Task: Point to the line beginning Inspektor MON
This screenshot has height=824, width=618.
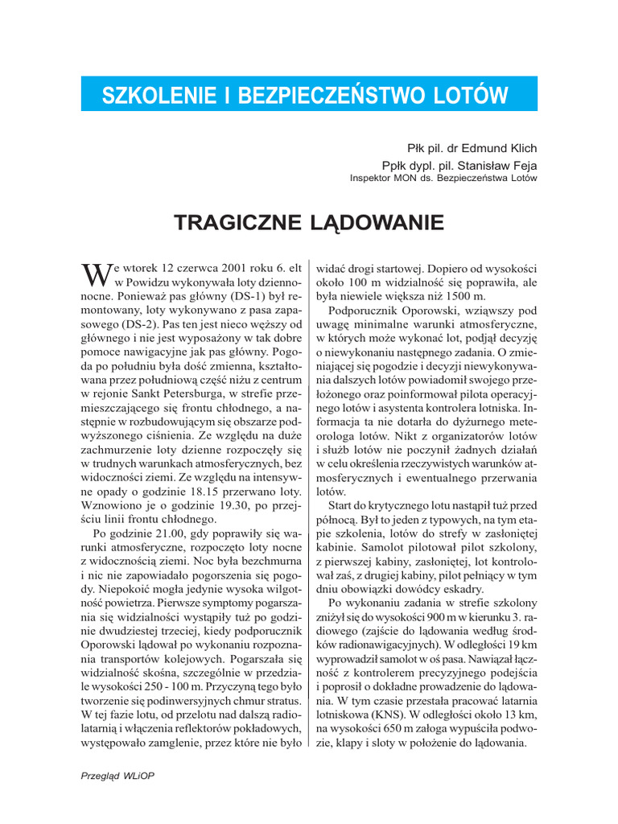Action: tap(443, 179)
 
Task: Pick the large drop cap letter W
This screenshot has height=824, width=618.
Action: tap(96, 276)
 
